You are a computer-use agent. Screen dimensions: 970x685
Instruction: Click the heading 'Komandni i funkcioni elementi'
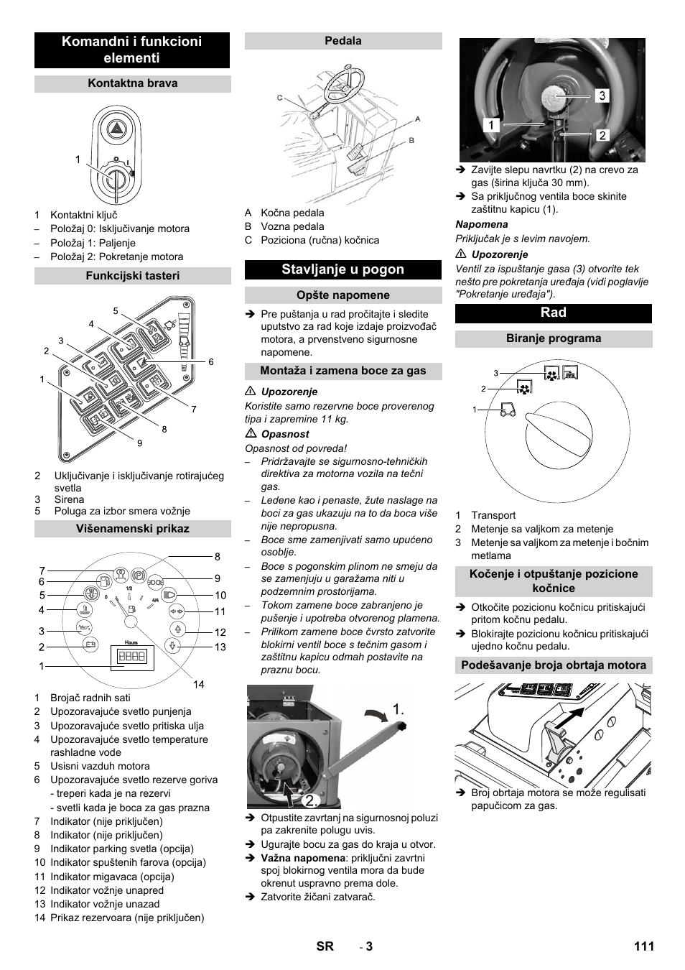click(132, 50)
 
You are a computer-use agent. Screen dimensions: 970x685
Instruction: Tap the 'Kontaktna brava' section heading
click(132, 83)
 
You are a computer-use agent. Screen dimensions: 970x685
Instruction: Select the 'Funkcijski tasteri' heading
click(132, 276)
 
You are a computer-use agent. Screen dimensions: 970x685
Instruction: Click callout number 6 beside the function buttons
click(211, 362)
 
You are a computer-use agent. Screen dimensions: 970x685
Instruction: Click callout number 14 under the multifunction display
click(199, 685)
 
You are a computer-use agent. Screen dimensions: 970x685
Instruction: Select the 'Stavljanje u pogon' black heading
click(342, 269)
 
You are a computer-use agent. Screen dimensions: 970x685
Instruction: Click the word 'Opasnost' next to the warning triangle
click(285, 434)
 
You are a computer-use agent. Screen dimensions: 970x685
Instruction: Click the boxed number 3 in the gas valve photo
click(602, 96)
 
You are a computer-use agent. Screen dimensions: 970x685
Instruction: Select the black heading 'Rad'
click(553, 313)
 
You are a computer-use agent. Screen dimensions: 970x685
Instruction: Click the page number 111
click(643, 946)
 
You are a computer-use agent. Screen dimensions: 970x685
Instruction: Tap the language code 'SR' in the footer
click(325, 946)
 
